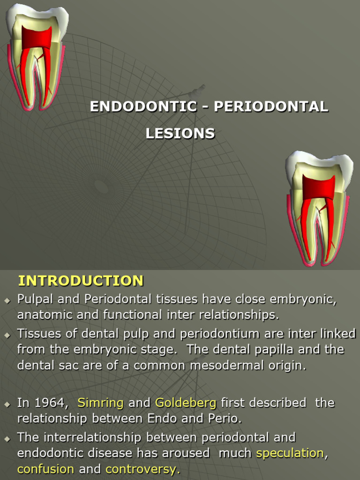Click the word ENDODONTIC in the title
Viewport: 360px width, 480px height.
click(143, 106)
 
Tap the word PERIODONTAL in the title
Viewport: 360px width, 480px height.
click(271, 106)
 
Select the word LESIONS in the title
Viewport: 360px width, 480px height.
click(180, 134)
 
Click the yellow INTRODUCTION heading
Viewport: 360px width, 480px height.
click(81, 281)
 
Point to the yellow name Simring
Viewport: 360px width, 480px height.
click(100, 403)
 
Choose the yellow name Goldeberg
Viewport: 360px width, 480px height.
click(186, 403)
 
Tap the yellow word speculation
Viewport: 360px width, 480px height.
click(290, 453)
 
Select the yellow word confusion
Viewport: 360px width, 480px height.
click(45, 469)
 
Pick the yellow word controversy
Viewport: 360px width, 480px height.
click(142, 469)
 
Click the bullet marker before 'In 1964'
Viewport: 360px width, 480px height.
click(7, 404)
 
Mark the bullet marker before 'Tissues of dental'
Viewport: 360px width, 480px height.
click(7, 335)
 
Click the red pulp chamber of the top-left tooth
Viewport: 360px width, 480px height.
click(36, 37)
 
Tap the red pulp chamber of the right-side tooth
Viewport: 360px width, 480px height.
click(318, 187)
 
